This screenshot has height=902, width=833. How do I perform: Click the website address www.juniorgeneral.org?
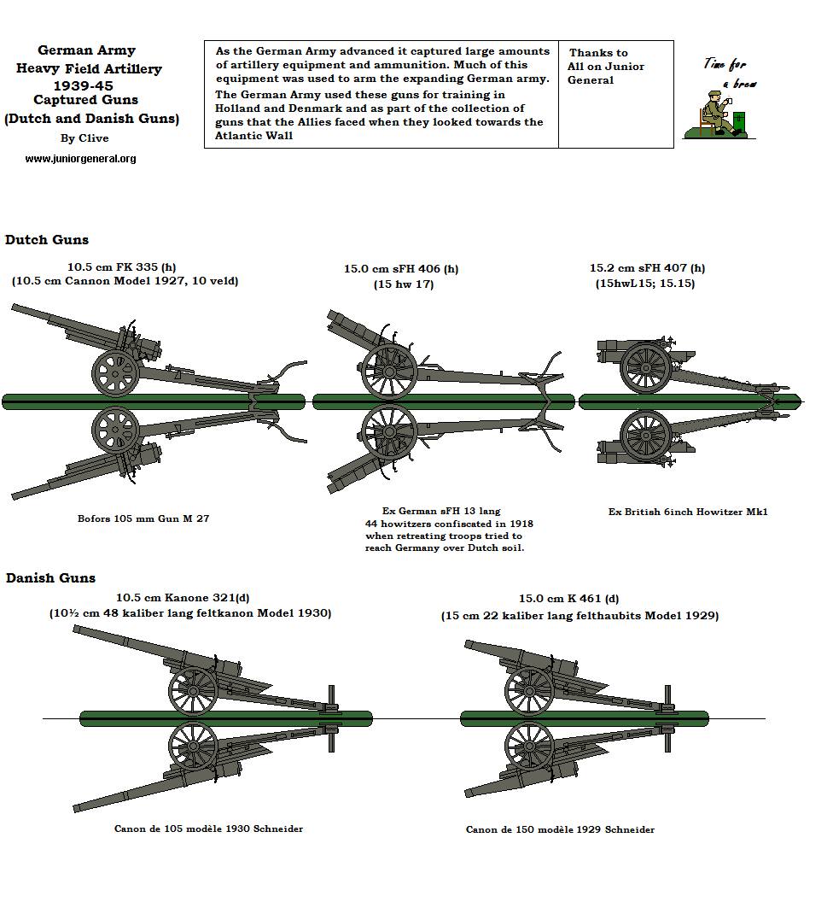click(x=80, y=159)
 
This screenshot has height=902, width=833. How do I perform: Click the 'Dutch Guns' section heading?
click(x=47, y=240)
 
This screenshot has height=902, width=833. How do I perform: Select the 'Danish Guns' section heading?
click(x=50, y=578)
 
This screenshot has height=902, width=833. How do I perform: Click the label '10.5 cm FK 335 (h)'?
click(x=122, y=266)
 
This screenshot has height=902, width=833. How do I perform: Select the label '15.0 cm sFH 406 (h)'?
click(x=401, y=269)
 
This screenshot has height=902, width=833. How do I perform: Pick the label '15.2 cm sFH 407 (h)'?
click(x=647, y=268)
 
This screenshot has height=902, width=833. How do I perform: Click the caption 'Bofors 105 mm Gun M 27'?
click(x=143, y=518)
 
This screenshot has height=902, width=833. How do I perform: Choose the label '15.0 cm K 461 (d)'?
click(x=568, y=600)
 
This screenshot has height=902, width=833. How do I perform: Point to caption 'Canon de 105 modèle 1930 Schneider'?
click(x=208, y=829)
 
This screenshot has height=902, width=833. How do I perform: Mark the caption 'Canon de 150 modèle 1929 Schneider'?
click(x=561, y=829)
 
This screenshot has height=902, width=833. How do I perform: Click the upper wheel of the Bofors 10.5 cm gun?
click(x=115, y=373)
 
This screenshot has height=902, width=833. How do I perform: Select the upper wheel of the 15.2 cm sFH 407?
click(x=646, y=367)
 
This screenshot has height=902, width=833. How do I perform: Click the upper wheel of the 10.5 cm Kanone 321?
click(x=194, y=690)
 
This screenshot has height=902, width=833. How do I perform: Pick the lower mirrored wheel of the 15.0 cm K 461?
click(x=529, y=747)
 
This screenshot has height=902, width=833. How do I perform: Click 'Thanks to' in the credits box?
click(x=598, y=53)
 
